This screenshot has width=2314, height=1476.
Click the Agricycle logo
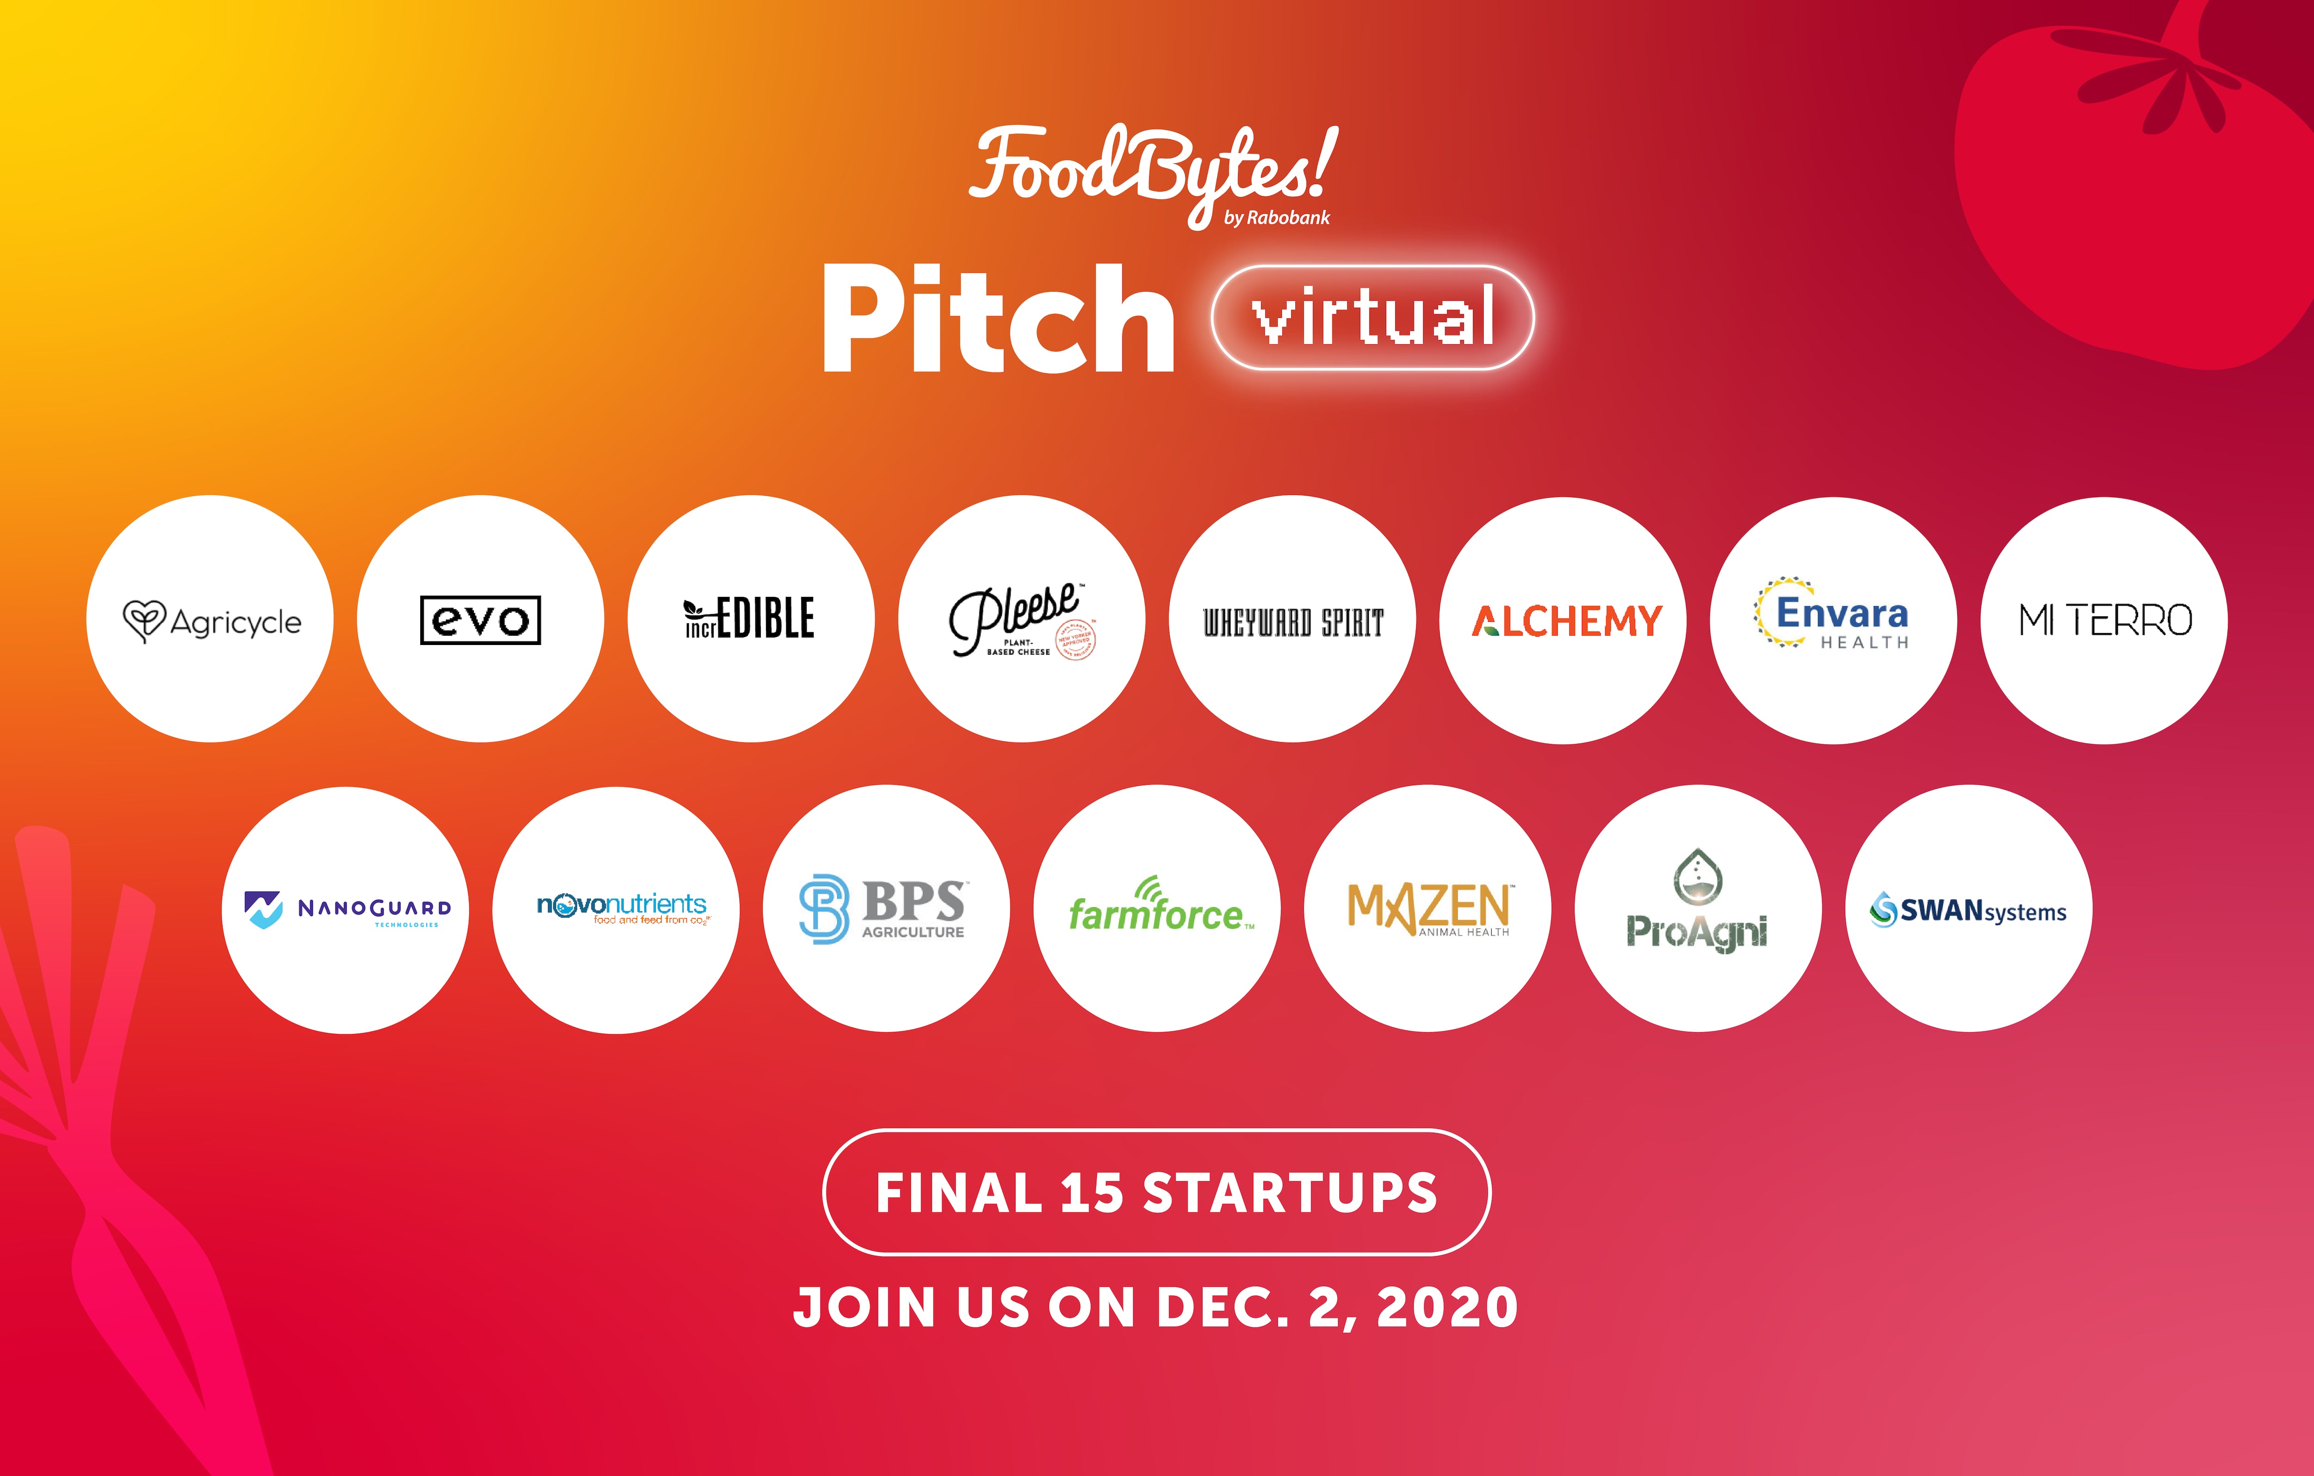pos(211,621)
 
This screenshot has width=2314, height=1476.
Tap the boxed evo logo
pos(480,620)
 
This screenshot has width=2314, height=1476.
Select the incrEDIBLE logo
pos(750,618)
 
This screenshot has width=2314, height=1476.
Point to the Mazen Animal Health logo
pos(1429,908)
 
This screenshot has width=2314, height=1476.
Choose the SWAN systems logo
pos(1968,909)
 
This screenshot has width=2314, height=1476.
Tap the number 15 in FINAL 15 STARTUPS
pos(1092,1192)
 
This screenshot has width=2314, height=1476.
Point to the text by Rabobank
pos(1276,218)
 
